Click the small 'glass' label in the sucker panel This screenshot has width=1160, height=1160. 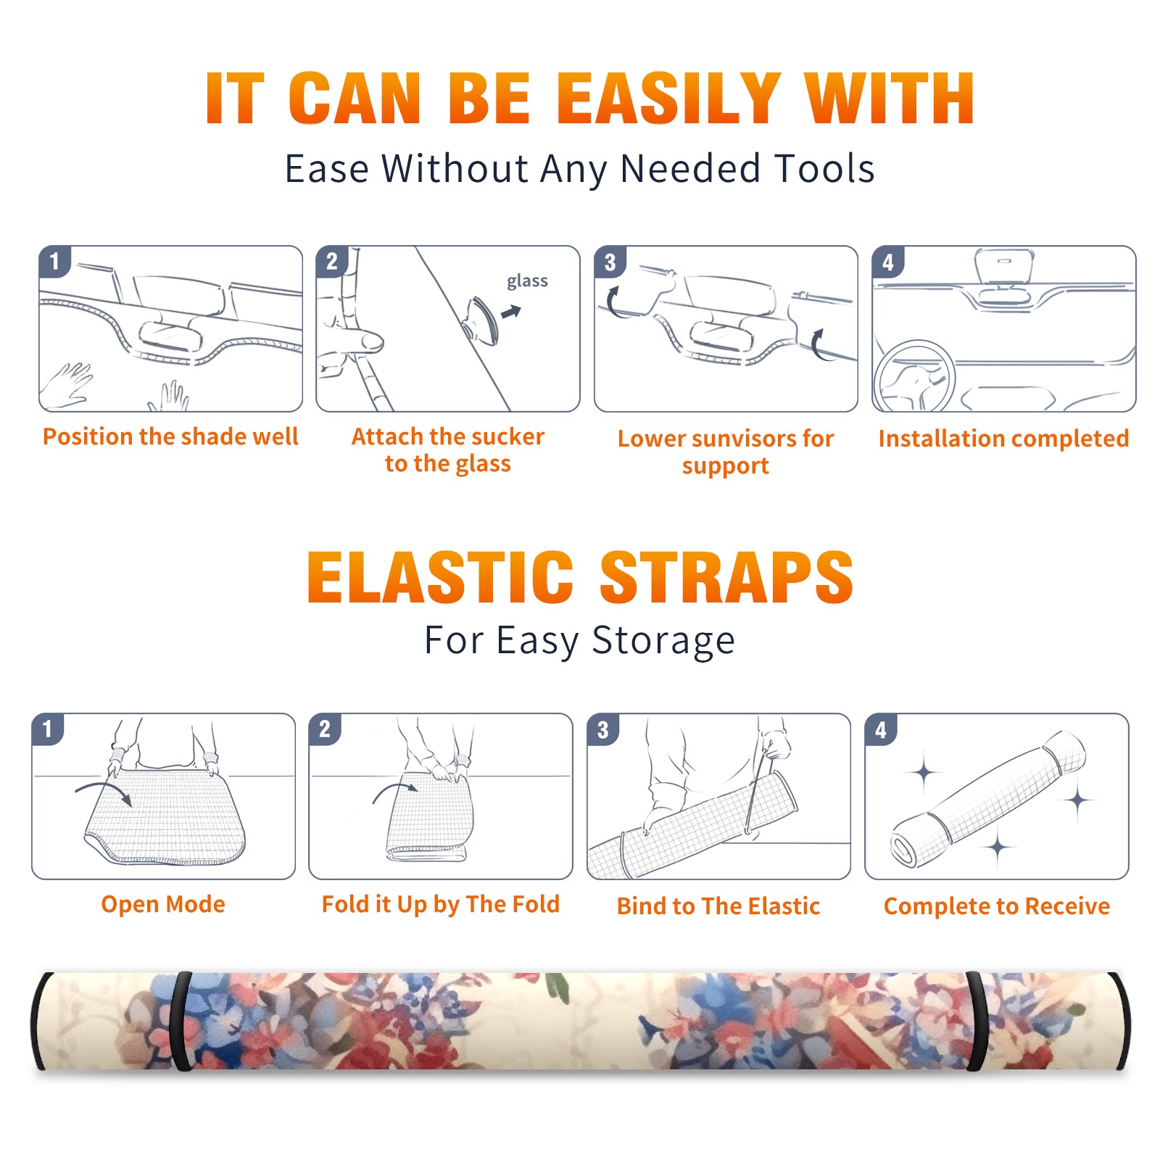pos(527,281)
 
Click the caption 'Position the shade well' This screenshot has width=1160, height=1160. pos(170,436)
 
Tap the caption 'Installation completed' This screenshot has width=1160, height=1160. pos(1003,439)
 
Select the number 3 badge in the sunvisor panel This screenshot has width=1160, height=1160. pos(610,262)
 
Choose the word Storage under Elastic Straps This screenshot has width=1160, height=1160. pos(663,641)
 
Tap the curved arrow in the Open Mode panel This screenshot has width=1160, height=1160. pos(104,791)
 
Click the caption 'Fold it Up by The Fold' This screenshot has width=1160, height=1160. pos(441,905)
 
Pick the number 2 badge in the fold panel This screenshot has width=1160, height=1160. pos(325,729)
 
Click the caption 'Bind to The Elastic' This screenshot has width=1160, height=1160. pos(718,906)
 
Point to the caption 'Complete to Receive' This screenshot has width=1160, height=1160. pos(997,906)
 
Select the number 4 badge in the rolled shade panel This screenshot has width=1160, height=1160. pos(881,729)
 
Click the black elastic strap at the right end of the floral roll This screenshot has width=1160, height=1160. pos(977,1022)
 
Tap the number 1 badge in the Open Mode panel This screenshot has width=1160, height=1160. pos(48,729)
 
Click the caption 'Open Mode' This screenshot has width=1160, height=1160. pos(163,905)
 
